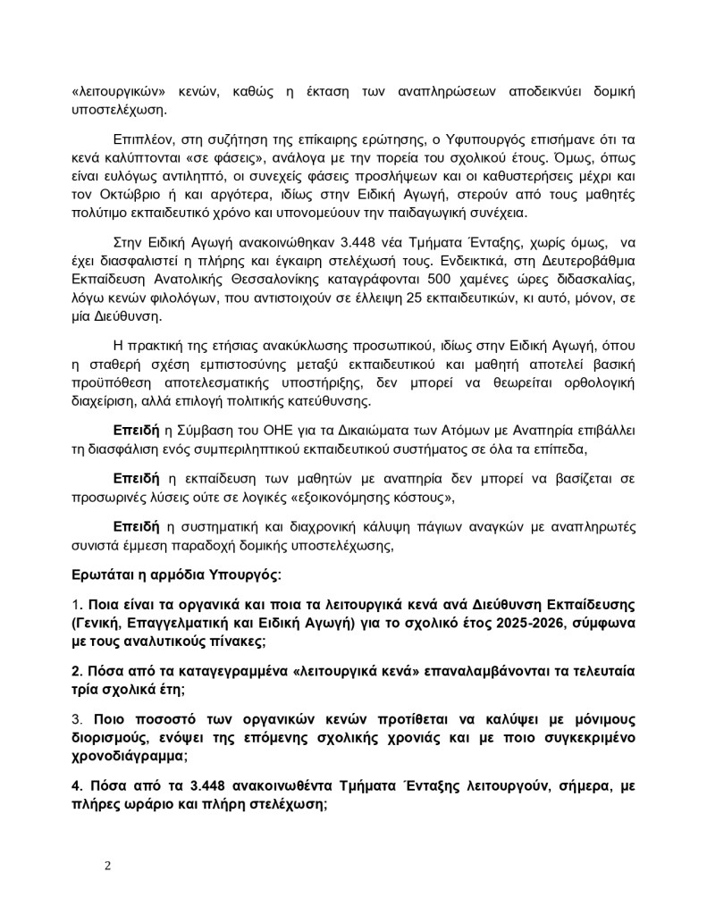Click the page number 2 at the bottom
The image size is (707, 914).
click(107, 866)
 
